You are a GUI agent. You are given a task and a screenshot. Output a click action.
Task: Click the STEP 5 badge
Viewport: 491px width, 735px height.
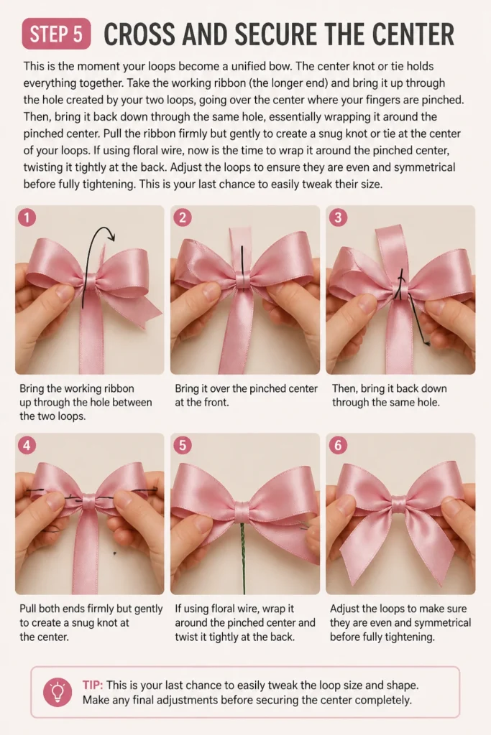click(x=56, y=34)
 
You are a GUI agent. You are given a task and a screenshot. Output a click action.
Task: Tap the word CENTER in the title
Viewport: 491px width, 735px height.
click(x=413, y=34)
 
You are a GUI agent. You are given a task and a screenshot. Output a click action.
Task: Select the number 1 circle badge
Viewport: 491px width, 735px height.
click(x=27, y=217)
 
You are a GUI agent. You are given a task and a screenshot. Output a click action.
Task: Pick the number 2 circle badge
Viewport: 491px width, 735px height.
click(x=183, y=217)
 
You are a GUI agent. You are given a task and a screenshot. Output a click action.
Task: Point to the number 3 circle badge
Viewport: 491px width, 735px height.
click(x=338, y=217)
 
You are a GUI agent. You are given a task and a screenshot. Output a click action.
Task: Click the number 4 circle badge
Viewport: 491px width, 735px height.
click(x=27, y=445)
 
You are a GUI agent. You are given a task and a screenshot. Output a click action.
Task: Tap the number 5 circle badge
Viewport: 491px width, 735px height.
click(x=183, y=445)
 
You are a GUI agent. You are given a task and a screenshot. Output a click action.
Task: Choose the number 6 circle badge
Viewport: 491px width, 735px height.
click(x=338, y=445)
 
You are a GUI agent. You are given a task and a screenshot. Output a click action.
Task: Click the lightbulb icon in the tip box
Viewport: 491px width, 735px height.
click(x=58, y=692)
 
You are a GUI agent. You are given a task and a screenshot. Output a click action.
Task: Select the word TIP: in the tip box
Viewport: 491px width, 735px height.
click(x=93, y=685)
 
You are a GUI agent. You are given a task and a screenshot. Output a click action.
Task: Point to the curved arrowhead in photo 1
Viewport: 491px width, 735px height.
click(x=111, y=235)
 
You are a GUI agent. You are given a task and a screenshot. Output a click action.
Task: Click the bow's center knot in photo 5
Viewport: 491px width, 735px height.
click(x=243, y=510)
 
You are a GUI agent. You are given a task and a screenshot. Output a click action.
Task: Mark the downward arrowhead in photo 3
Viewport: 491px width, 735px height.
click(x=426, y=344)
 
